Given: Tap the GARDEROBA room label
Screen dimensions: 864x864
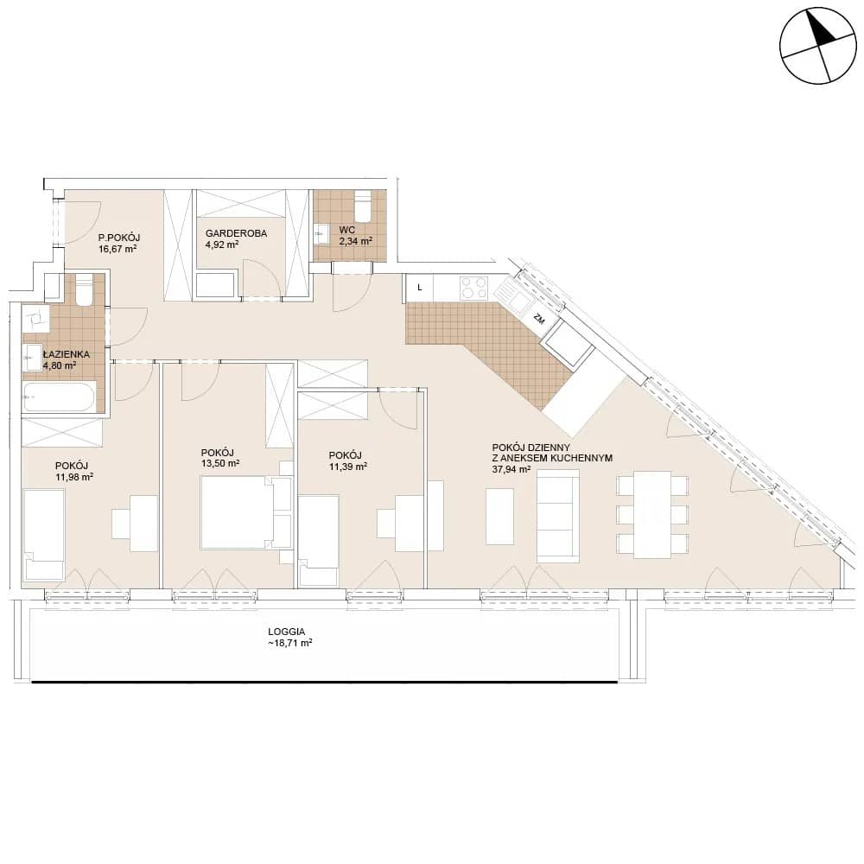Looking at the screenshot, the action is [x=236, y=233].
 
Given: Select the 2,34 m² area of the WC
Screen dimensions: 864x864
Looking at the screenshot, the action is [x=355, y=240].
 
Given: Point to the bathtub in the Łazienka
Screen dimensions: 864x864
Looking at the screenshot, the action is [x=60, y=397].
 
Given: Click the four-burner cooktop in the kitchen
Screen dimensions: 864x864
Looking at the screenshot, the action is [x=473, y=287].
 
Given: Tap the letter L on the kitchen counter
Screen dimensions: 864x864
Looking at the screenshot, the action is [x=420, y=288].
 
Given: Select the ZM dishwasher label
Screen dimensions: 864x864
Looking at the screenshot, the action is [x=539, y=318].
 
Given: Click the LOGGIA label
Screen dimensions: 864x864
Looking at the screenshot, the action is [x=287, y=632].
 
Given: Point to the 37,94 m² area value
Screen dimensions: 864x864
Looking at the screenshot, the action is [x=511, y=469].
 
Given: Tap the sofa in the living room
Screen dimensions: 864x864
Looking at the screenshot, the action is [x=557, y=516].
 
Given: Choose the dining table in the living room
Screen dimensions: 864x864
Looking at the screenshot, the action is [x=652, y=515].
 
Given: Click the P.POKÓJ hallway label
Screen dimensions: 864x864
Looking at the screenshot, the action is [x=119, y=238].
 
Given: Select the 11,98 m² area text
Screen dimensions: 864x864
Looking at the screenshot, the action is [x=73, y=477].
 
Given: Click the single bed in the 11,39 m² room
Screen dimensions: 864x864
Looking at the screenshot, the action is [x=318, y=541].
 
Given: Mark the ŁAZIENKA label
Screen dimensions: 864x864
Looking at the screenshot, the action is [x=67, y=354].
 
